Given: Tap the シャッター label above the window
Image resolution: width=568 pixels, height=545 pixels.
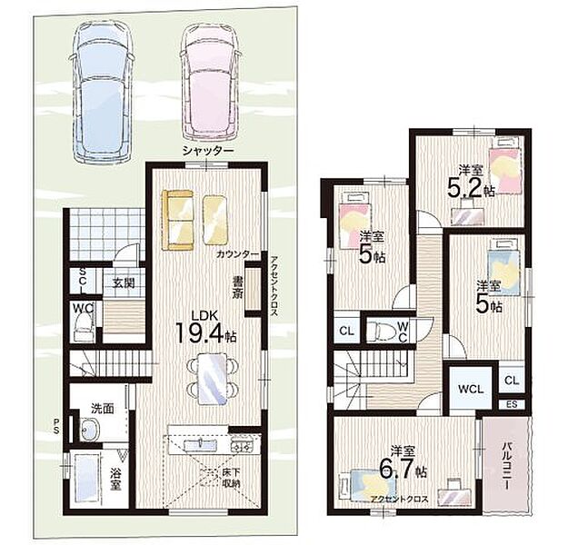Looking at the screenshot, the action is [207, 150].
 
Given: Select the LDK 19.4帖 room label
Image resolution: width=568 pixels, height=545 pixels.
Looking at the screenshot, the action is [205, 328].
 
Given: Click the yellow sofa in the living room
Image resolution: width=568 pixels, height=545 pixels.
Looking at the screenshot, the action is [178, 220].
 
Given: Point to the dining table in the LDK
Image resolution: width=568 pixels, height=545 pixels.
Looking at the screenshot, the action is [213, 379].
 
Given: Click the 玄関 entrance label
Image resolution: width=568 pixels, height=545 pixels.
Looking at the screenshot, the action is [124, 282].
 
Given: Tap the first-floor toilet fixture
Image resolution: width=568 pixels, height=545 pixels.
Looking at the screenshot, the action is [83, 327].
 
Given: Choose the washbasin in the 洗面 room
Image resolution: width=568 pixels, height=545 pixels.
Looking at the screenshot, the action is [90, 430].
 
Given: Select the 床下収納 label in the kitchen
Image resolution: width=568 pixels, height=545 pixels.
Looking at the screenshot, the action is [231, 478].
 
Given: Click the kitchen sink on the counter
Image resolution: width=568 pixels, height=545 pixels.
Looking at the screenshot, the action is [200, 445].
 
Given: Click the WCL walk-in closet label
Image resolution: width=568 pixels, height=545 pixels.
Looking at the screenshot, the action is [471, 390].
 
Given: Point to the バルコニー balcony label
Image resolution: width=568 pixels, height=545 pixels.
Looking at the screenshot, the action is [506, 465].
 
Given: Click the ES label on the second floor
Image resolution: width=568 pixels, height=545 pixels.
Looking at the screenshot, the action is [512, 404].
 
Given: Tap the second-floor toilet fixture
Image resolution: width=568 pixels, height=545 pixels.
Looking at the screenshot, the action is [384, 331].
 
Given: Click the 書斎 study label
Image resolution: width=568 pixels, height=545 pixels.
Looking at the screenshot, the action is [237, 288].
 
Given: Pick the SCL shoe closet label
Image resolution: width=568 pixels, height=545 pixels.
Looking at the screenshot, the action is [83, 281].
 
